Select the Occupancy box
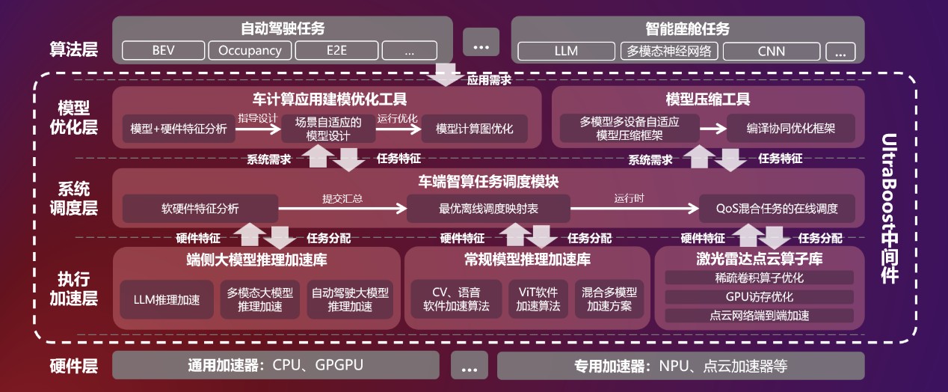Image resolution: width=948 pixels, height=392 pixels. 249,51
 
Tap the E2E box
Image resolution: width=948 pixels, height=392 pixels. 336,51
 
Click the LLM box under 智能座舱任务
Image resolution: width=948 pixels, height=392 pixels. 565,52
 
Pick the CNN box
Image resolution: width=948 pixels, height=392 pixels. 771,52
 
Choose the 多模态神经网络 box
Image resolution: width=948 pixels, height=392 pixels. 669,52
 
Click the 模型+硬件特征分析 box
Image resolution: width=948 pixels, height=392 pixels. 178,129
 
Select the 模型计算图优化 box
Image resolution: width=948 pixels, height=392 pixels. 474,129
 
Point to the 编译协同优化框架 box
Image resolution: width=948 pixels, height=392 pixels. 790,129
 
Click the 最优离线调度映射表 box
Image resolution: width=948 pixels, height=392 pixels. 488,209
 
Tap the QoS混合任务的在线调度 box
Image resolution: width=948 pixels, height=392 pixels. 777,209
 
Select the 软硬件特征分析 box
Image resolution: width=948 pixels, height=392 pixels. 200,209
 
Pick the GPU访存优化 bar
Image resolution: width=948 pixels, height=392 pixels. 759,297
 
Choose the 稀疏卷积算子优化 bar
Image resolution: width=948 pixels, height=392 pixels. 759,278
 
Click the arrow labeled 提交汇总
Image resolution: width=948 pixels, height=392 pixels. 342,208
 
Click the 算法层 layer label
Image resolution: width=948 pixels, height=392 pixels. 73,50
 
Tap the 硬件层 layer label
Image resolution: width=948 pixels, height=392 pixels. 73,367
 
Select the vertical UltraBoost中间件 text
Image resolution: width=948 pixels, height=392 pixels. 889,208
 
